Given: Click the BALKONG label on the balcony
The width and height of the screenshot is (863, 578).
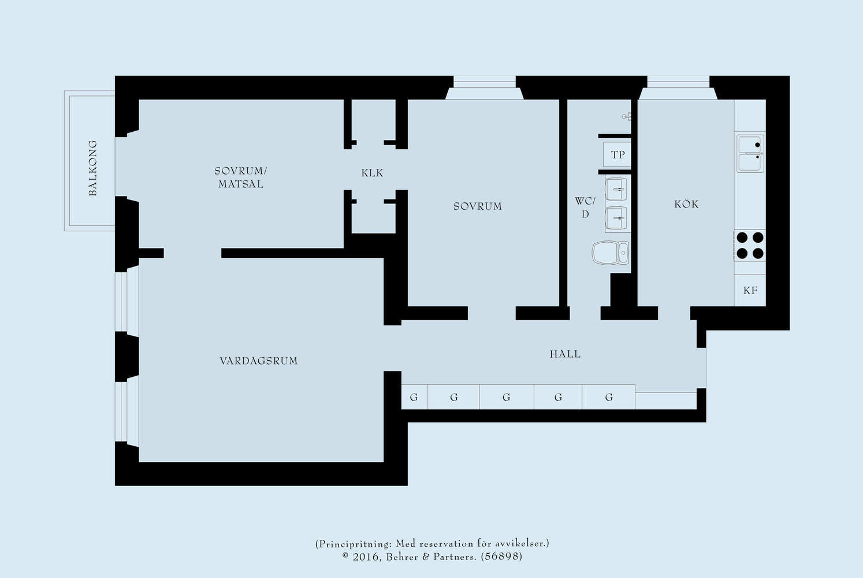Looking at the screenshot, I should pyautogui.click(x=92, y=168).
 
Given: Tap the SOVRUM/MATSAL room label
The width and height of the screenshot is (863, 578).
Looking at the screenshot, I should pyautogui.click(x=240, y=177).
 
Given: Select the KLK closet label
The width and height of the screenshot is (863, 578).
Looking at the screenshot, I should pyautogui.click(x=372, y=173).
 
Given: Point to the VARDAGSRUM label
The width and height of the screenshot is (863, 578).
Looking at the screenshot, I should pyautogui.click(x=259, y=361).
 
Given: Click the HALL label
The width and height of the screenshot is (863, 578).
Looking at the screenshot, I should pyautogui.click(x=565, y=354).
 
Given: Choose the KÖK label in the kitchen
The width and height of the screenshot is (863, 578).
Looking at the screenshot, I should pyautogui.click(x=686, y=204).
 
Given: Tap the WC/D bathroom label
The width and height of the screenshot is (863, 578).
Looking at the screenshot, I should pyautogui.click(x=585, y=208).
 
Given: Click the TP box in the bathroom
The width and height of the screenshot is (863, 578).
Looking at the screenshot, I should pyautogui.click(x=618, y=155).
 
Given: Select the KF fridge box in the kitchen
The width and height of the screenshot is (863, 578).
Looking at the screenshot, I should pyautogui.click(x=750, y=290).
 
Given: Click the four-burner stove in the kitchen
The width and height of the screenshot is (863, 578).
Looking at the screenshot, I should pyautogui.click(x=750, y=245).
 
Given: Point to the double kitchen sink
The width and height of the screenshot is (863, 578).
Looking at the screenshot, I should pyautogui.click(x=750, y=154).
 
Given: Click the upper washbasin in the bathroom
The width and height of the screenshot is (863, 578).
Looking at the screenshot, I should pyautogui.click(x=616, y=189).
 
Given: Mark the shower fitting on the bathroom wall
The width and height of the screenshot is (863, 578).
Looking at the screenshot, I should pyautogui.click(x=626, y=117).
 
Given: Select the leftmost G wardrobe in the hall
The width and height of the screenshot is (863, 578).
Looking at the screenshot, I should pyautogui.click(x=414, y=397).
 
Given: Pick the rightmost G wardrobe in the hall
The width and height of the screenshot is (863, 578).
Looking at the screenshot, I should pyautogui.click(x=609, y=397).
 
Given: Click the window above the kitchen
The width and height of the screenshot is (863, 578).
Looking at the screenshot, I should pyautogui.click(x=678, y=84).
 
